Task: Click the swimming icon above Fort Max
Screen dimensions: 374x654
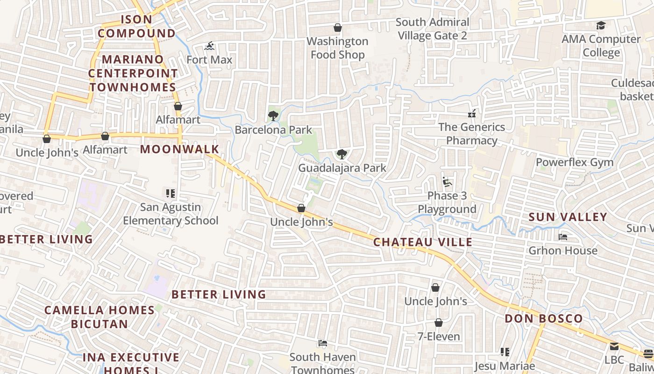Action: coord(209,46)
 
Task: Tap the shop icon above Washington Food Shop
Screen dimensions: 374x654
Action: coord(338,28)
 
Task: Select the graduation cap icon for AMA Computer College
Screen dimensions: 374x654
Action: coord(601,25)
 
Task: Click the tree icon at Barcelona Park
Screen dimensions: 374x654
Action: coord(273,115)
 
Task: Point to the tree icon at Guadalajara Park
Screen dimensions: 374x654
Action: coord(342,154)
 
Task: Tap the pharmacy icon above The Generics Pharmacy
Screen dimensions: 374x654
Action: coord(472,113)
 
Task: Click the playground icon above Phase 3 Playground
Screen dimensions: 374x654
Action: coord(447,181)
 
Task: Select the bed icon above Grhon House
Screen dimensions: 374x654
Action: coord(563,237)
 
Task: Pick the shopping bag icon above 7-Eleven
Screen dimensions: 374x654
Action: coord(438,323)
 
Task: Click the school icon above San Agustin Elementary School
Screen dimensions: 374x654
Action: coord(171,193)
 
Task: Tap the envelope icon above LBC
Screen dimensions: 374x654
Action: coord(614,346)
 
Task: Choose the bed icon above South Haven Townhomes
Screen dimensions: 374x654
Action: coord(322,343)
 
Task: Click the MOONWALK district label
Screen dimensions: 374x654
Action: coord(180,149)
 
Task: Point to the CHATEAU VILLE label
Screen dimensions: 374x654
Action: coord(423,242)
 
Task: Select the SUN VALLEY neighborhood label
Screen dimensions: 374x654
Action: coord(568,217)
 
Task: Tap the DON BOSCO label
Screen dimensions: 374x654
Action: coord(544,319)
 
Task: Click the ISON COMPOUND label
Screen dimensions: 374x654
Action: coord(136,26)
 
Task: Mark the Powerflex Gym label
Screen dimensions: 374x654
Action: coord(575,163)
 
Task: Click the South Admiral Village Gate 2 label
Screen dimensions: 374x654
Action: coord(432,29)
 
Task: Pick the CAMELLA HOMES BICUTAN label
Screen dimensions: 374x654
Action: coord(100,317)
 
